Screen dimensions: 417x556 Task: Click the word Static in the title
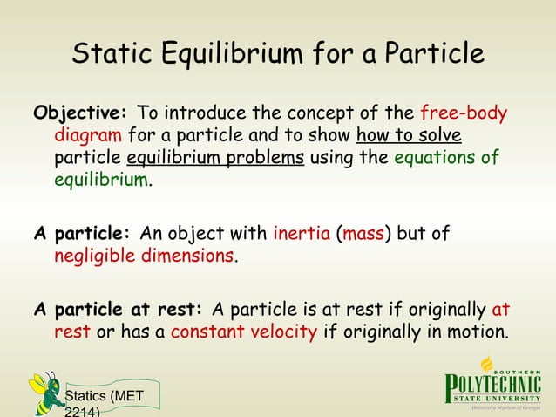[x=112, y=54]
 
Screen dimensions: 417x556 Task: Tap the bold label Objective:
[x=80, y=115]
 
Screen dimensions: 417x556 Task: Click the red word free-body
[x=464, y=115]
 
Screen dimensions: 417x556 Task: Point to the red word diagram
[x=88, y=137]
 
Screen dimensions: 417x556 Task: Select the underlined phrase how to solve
[x=409, y=137]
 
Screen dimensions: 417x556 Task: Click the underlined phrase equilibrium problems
[x=215, y=160]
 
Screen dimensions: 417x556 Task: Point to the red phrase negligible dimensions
[x=145, y=257]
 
